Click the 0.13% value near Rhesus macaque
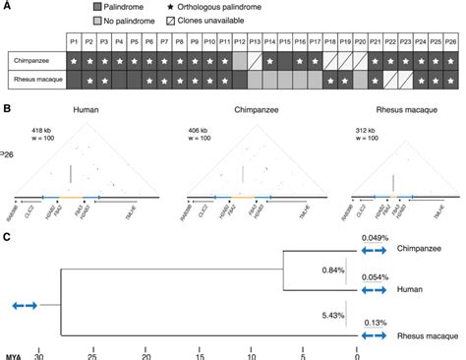tap(374, 323)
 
